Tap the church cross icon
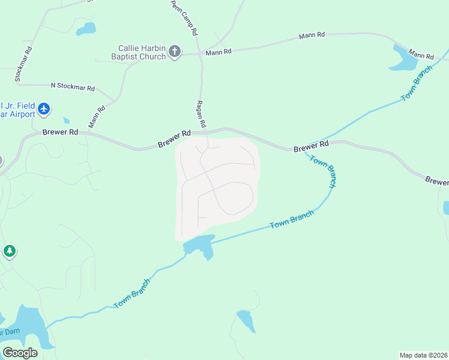point(175,52)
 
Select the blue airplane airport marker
point(44,109)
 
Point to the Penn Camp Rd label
point(184,19)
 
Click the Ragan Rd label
point(201,114)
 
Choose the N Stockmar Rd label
point(73,88)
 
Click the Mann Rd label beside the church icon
point(218,52)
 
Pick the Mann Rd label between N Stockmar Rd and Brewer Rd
point(97,116)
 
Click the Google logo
point(20,352)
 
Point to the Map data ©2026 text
point(423,355)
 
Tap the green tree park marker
point(9,251)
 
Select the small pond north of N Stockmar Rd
point(86,28)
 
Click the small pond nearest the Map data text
point(246,320)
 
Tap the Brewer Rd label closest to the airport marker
point(60,131)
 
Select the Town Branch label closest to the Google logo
point(131,293)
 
